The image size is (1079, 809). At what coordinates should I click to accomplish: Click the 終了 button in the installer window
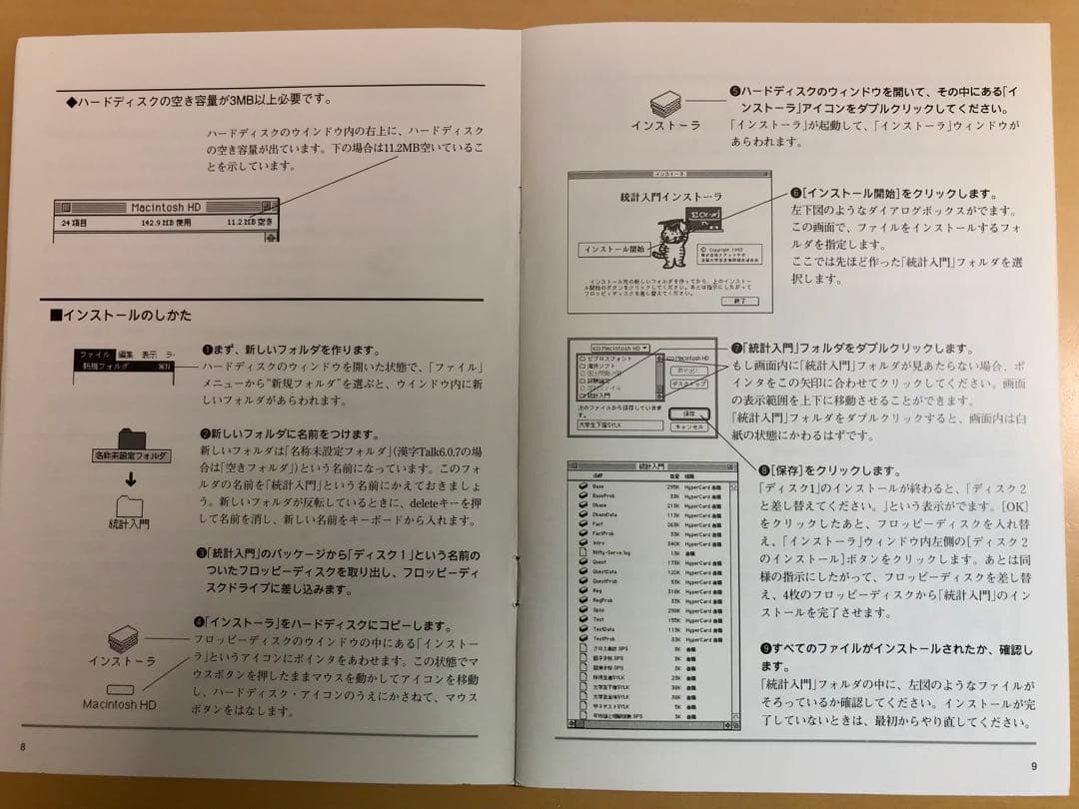coord(738,301)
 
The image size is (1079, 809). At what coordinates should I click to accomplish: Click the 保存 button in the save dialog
coord(689,411)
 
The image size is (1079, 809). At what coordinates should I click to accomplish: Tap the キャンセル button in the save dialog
coord(689,426)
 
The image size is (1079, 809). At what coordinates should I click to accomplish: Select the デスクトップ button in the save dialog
coord(689,384)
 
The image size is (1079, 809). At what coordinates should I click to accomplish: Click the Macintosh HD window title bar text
coord(166,208)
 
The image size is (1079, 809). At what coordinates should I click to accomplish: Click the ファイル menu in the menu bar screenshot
coord(94,355)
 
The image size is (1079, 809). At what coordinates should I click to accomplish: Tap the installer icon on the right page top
coord(666,103)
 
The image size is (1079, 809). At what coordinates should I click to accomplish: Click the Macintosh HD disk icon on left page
coord(120,689)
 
